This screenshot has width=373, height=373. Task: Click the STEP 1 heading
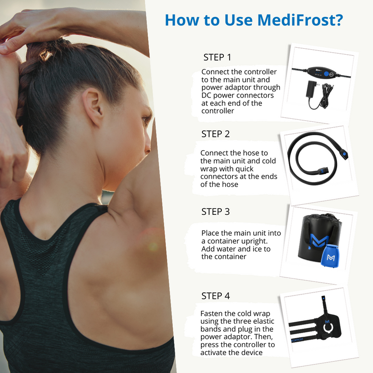[217, 57]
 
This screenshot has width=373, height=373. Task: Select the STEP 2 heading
[215, 134]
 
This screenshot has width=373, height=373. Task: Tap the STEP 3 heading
[215, 211]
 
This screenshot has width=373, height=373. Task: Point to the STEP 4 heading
[215, 296]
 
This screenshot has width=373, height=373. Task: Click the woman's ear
[94, 105]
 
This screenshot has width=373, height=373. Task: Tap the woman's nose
[149, 137]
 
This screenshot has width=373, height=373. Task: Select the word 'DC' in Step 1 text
[207, 95]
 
